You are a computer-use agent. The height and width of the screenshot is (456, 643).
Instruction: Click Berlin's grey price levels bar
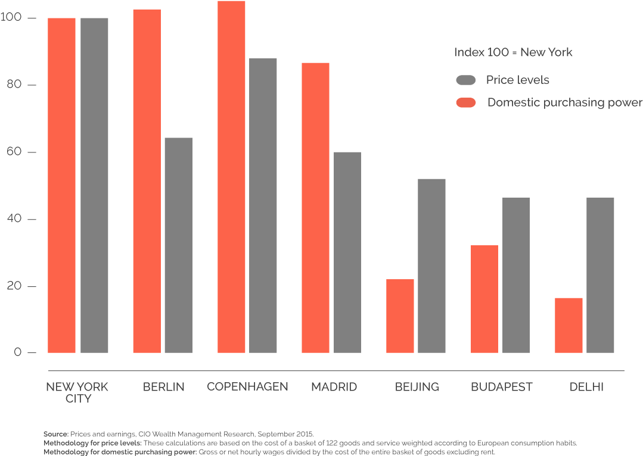178,245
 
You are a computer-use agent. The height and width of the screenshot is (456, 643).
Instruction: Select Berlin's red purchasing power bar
147,181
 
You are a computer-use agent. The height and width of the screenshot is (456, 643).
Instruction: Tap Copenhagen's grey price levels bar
263,205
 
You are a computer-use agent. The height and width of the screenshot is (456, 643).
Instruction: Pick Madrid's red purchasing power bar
315,208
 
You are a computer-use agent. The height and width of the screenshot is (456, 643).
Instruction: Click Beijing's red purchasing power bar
400,316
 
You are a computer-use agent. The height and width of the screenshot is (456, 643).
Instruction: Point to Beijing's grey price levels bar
431,266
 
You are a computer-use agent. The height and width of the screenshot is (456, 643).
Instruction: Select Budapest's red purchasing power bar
484,299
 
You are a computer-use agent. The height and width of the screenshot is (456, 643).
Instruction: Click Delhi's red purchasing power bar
569,325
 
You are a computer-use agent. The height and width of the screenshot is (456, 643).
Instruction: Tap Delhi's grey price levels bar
600,275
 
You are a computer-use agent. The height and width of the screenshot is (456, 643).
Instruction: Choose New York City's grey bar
94,185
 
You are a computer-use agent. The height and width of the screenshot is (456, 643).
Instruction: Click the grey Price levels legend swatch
465,80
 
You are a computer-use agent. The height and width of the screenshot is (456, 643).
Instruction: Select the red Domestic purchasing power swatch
465,103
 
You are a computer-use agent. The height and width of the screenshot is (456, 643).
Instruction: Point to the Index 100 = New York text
513,52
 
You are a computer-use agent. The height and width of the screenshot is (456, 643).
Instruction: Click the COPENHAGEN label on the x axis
247,387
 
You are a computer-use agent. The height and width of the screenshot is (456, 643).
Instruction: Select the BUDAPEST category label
501,387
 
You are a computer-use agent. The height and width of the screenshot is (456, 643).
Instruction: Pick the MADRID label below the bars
334,387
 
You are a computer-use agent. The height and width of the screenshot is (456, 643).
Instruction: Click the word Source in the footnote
55,434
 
